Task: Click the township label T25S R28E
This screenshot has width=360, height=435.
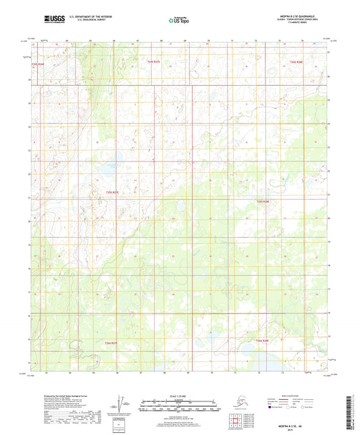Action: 263,201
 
